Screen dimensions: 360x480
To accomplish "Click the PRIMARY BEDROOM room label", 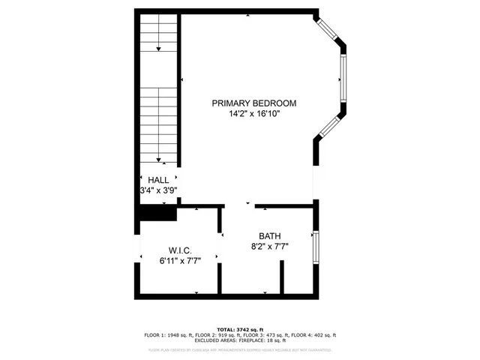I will point(253,103).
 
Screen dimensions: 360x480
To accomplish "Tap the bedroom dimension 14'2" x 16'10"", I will point(253,115).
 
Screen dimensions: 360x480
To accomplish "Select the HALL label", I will point(158,180).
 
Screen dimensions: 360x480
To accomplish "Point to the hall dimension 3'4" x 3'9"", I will point(159,190).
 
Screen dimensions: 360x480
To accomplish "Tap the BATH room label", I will point(270,235).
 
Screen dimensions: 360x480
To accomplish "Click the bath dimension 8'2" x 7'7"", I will point(270,245).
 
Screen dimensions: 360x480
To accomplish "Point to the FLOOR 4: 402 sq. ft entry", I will point(314,334).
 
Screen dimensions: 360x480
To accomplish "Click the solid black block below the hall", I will point(157,213).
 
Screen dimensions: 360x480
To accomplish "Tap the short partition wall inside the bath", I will point(282,278).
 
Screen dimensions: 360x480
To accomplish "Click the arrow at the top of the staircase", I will point(159,48).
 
